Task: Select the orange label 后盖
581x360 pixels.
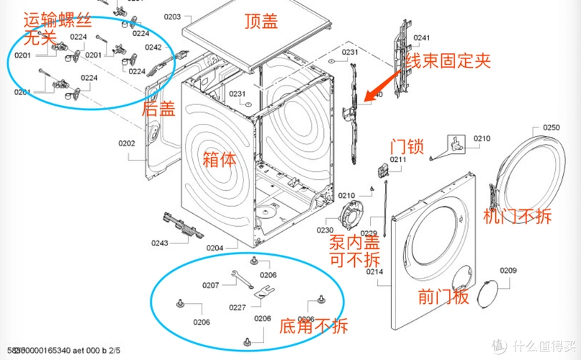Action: click(158, 109)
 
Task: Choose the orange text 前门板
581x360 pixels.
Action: click(441, 297)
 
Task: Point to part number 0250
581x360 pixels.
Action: click(551, 127)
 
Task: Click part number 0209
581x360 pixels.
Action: click(508, 271)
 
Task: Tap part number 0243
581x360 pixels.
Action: click(160, 243)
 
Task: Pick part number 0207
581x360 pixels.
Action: click(210, 285)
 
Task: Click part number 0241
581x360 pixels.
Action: click(421, 38)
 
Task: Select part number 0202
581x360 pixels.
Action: click(127, 143)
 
